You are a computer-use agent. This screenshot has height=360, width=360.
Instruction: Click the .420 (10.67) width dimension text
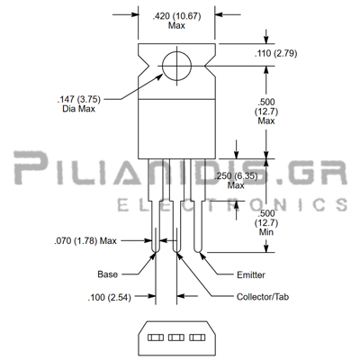(x=176, y=21)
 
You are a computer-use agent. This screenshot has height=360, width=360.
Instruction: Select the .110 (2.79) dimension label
(x=275, y=53)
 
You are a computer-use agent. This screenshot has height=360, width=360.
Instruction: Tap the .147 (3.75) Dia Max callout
(x=79, y=103)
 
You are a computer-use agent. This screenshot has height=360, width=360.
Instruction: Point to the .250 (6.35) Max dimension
(x=236, y=181)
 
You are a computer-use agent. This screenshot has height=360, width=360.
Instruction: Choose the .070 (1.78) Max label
(x=85, y=240)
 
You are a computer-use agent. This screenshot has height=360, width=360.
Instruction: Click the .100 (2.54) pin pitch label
(x=110, y=298)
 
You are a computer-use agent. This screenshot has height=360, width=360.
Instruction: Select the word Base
(x=108, y=274)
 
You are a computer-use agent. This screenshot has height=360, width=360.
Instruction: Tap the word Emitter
(x=251, y=274)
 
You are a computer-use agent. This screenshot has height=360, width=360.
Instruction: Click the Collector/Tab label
(x=263, y=297)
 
